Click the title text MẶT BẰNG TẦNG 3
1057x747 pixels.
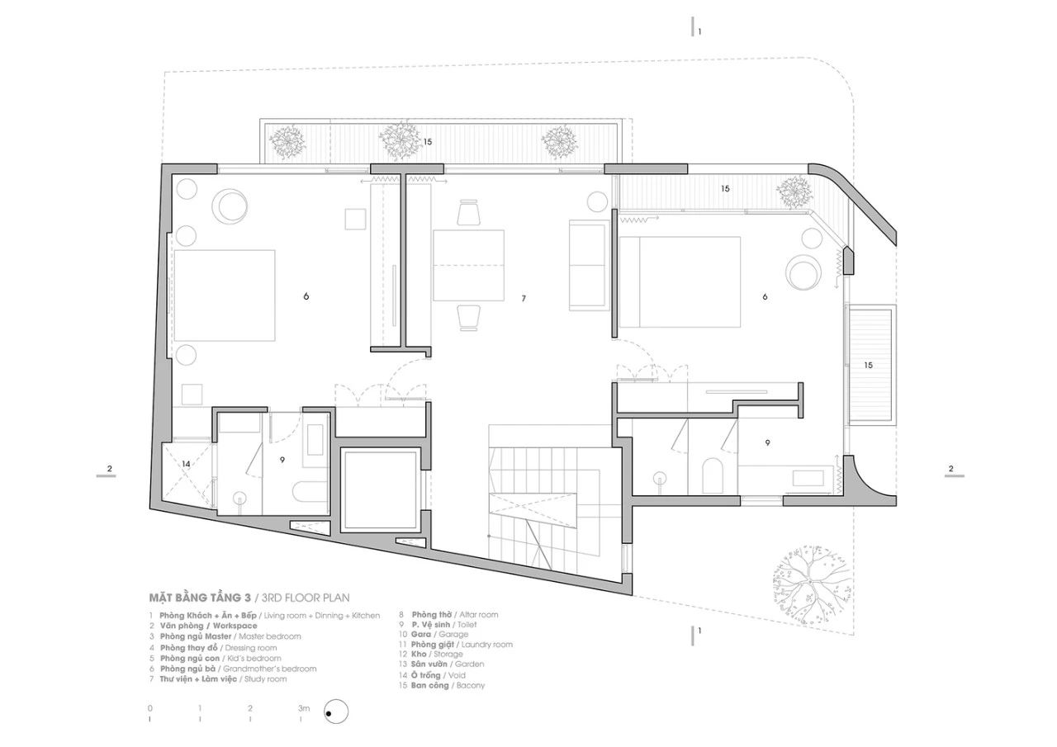tap(199, 597)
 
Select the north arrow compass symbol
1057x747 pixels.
tap(337, 711)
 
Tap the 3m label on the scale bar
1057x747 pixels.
tap(304, 708)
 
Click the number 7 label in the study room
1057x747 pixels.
tap(524, 297)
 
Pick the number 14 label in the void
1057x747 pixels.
tap(186, 465)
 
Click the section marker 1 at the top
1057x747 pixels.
tap(699, 31)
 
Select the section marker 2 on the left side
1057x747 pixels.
tap(109, 470)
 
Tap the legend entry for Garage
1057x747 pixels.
tap(434, 634)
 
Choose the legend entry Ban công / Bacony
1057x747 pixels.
tap(442, 685)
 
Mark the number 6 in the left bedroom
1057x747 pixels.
tap(306, 295)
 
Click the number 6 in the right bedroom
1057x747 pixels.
tap(765, 295)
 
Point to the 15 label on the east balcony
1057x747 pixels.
tap(869, 364)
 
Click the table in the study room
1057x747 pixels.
tap(468, 266)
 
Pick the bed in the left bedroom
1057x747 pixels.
tap(225, 295)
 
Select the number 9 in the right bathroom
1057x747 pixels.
tap(767, 443)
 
